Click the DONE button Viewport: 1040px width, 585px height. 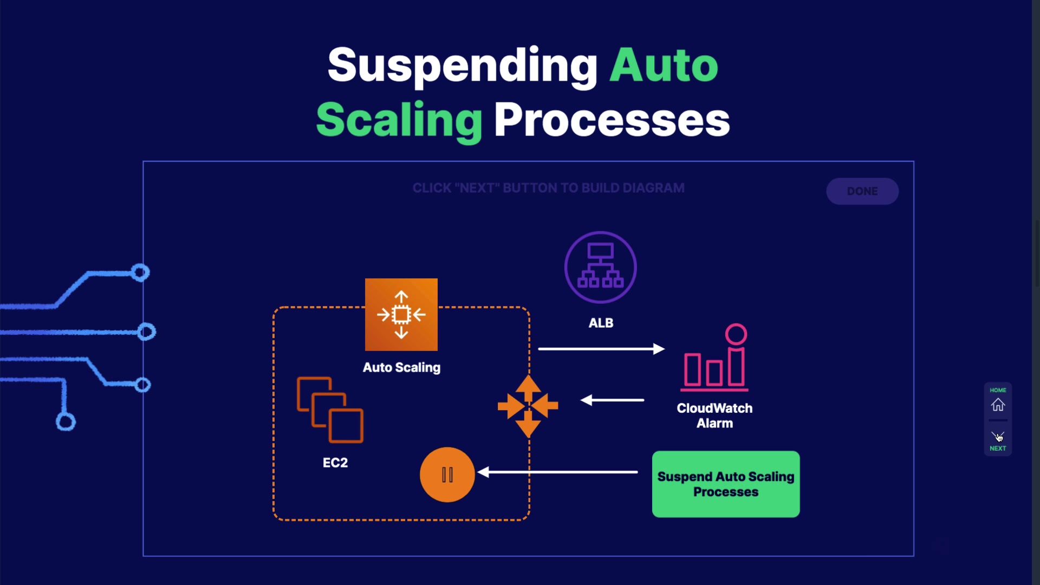pos(862,191)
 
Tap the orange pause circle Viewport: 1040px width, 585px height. pos(447,474)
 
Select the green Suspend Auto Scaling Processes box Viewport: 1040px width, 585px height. pos(725,484)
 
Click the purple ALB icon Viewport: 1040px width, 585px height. pos(600,267)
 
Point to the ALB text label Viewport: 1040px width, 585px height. pos(601,323)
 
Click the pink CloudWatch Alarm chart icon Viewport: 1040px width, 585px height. pos(715,359)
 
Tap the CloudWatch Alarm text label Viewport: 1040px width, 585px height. pos(714,415)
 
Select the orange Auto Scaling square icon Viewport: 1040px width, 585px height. pos(401,315)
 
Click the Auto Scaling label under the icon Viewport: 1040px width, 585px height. pos(401,367)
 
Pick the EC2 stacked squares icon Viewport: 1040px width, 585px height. pos(330,409)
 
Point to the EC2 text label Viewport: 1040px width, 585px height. pos(335,463)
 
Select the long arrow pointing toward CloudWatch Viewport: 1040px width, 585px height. pos(601,349)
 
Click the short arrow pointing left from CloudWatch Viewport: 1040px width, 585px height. pos(612,400)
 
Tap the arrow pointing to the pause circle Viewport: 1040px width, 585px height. pos(558,472)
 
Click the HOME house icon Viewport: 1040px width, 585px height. pos(998,405)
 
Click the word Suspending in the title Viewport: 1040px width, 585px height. pos(462,65)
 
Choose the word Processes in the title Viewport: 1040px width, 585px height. pos(612,120)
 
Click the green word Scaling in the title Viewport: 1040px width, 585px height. pos(399,120)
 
